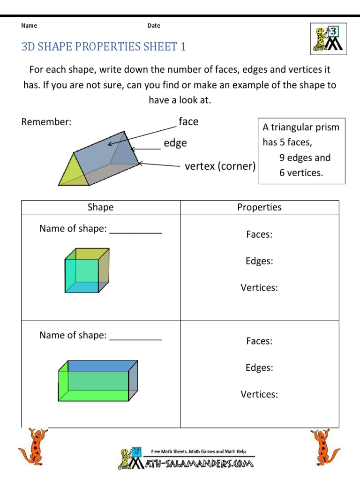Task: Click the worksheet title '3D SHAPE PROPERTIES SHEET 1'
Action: [104, 46]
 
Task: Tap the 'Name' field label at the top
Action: [29, 26]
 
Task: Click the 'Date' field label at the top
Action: [154, 26]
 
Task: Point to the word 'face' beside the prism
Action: [188, 122]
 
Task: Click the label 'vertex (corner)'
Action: [220, 166]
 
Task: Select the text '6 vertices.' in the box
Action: [301, 172]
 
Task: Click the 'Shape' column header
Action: [100, 207]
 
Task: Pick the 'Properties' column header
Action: [259, 207]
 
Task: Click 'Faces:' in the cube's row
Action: [259, 234]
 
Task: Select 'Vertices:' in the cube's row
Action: [259, 288]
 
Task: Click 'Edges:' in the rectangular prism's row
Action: [259, 367]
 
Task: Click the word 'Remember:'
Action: [46, 122]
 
